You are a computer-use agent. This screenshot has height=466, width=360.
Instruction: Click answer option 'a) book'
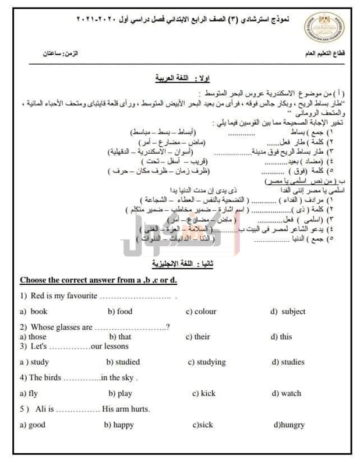34,312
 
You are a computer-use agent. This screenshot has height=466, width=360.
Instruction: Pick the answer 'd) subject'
287,312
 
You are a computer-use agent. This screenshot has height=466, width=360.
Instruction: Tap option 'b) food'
120,312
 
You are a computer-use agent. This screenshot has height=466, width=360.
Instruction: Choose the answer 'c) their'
197,337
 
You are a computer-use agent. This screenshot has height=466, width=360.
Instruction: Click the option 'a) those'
33,337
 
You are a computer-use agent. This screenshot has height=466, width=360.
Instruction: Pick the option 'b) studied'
123,362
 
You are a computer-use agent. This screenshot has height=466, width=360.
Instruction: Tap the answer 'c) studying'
207,362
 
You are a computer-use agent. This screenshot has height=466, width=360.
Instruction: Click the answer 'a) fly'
29,394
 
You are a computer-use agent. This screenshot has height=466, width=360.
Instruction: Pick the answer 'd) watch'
285,394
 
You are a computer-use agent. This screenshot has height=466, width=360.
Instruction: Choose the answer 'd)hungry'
289,425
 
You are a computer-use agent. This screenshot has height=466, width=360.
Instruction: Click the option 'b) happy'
119,425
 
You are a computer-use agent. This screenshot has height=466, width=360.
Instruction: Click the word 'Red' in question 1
38,296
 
